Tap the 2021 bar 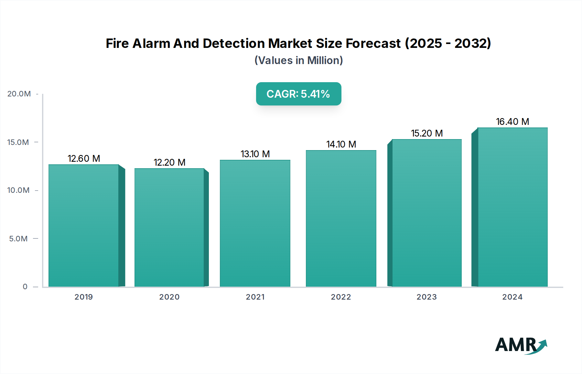255,223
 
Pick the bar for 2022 341,218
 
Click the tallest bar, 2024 512,207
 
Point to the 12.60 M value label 84,159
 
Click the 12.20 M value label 169,162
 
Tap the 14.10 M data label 341,144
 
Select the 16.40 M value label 512,122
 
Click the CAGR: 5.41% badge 298,94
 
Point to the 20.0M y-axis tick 19,94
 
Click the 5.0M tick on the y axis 18,239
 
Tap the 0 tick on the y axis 25,287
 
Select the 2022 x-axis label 341,297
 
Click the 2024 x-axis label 512,297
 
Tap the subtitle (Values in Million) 298,60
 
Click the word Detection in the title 234,43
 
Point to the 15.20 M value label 427,133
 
